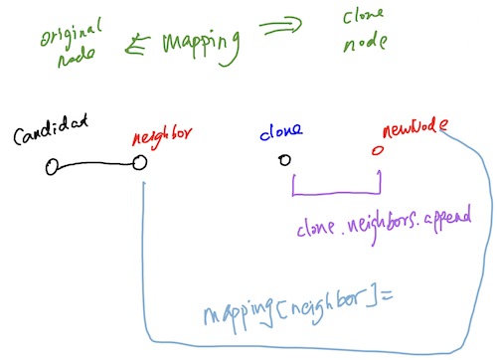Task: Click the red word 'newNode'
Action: click(411, 130)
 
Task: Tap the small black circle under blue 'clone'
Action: click(285, 160)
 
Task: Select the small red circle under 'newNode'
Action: click(377, 152)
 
